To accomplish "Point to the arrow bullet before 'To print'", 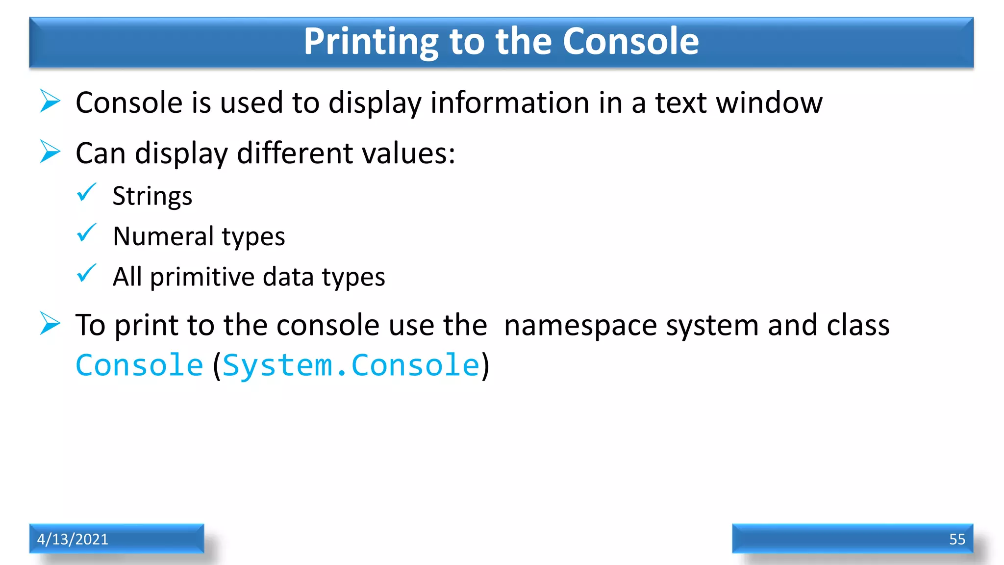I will (x=50, y=324).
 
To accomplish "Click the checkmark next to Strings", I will (x=86, y=193).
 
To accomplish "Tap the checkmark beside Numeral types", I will (x=86, y=233).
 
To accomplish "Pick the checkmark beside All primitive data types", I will (x=86, y=274).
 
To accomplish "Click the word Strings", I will (x=152, y=196).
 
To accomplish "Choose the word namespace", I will (x=580, y=326).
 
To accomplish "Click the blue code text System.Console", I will (x=351, y=365).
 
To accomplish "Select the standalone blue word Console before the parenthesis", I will (x=139, y=365).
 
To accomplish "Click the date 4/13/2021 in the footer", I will (x=73, y=539).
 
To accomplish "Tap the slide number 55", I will (x=957, y=539).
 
